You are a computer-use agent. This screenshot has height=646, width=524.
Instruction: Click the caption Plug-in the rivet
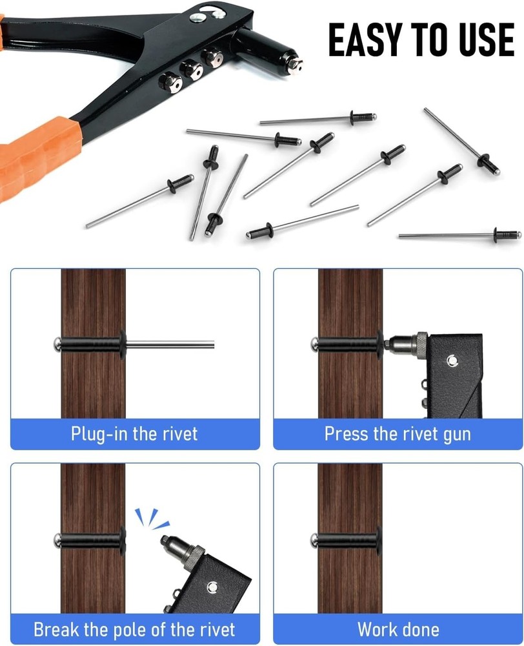click(x=135, y=433)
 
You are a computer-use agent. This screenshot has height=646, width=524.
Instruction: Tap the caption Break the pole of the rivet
click(x=135, y=629)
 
